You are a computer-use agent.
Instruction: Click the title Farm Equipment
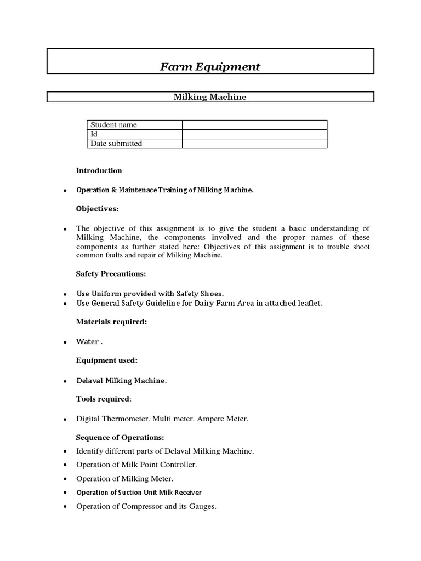pos(210,67)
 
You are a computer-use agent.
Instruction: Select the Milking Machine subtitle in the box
pos(210,97)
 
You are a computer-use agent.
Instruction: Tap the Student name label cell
pos(113,125)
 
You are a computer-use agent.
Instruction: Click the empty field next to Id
pos(254,134)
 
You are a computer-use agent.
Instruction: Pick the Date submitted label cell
pos(116,144)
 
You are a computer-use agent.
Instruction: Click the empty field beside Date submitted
pos(254,144)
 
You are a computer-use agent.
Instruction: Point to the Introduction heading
pos(99,170)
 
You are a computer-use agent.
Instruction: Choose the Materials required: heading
pos(111,322)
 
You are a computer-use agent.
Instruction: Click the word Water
pos(88,341)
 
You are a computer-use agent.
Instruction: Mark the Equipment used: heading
pos(107,360)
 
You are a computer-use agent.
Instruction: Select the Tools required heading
pos(103,399)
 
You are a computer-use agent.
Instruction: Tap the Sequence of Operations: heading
pos(120,437)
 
